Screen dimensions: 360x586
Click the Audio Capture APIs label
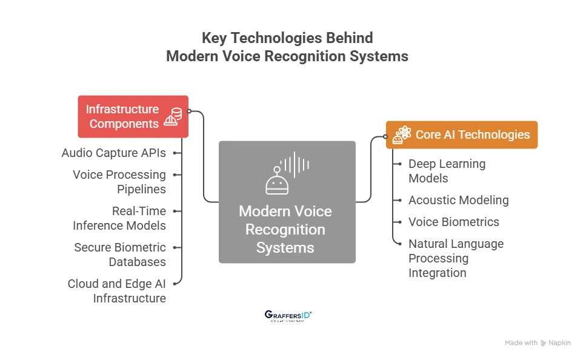113,153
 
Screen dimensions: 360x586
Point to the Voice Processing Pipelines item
119,182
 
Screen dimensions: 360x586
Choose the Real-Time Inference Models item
119,218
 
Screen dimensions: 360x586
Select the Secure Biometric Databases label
120,255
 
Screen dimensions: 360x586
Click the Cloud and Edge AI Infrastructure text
117,291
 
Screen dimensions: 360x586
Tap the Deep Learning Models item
447,171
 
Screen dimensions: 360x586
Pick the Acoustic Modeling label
458,200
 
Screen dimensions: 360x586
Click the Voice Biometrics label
454,222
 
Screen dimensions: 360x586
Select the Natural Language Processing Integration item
456,258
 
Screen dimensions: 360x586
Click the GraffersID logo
288,316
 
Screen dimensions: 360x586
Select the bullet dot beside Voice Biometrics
399,222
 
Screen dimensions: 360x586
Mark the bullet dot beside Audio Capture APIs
175,153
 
